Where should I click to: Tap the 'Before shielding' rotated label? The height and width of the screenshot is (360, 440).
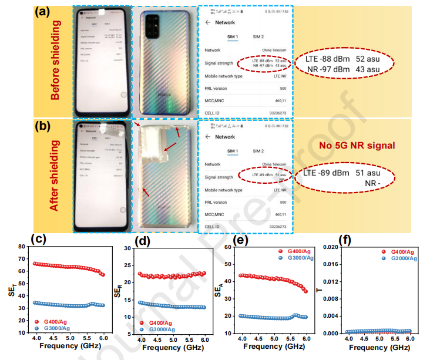coord(56,65)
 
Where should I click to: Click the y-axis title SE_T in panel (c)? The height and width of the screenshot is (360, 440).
coord(12,288)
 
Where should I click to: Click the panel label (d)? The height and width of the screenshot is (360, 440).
coord(143,240)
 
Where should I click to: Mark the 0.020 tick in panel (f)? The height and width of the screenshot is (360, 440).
coord(331,247)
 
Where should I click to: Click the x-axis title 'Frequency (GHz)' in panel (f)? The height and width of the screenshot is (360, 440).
coord(378,346)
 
